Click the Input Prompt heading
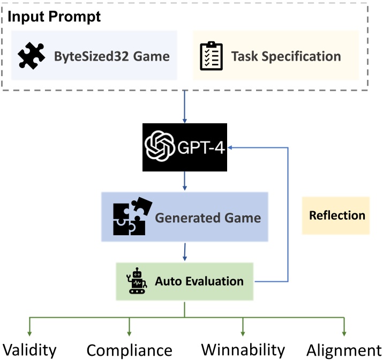[54, 16]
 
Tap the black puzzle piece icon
[32, 56]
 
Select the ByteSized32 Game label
[111, 56]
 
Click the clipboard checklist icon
[211, 56]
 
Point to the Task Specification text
[286, 56]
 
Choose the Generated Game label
[208, 217]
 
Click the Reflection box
[336, 215]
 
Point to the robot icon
[136, 282]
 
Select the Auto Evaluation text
[199, 281]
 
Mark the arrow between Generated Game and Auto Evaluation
[184, 252]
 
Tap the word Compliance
[129, 350]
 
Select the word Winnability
[243, 350]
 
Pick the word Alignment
[344, 350]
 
